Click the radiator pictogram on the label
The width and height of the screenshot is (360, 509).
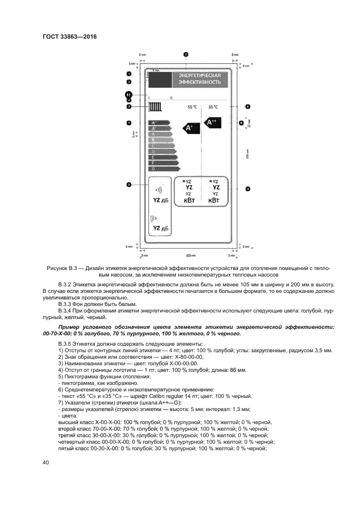(x=156, y=107)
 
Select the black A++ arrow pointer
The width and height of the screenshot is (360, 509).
(x=213, y=124)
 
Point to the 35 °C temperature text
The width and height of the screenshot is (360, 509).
(x=213, y=107)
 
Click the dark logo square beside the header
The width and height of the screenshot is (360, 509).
(x=160, y=79)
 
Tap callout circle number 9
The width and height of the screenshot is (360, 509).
(x=129, y=185)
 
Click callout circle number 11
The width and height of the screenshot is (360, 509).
(x=129, y=95)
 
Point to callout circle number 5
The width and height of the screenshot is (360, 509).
(x=129, y=107)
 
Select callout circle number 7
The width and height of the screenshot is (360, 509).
(x=129, y=122)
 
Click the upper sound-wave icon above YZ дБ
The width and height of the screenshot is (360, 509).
(x=158, y=191)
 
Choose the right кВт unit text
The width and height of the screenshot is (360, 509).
(x=215, y=201)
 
